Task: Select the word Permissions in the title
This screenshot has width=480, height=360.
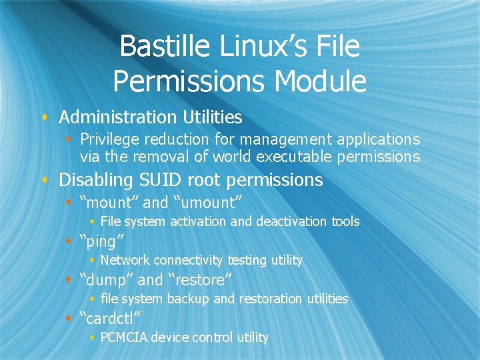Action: click(190, 81)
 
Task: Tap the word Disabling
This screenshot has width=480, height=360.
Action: click(95, 180)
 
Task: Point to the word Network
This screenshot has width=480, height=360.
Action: click(125, 260)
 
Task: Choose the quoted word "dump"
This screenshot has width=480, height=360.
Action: click(105, 280)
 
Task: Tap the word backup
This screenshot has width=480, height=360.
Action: click(189, 299)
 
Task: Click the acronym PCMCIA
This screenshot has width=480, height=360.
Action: click(124, 337)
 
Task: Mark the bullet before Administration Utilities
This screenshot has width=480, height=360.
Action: click(45, 118)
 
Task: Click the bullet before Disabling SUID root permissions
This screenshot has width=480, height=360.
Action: click(45, 181)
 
